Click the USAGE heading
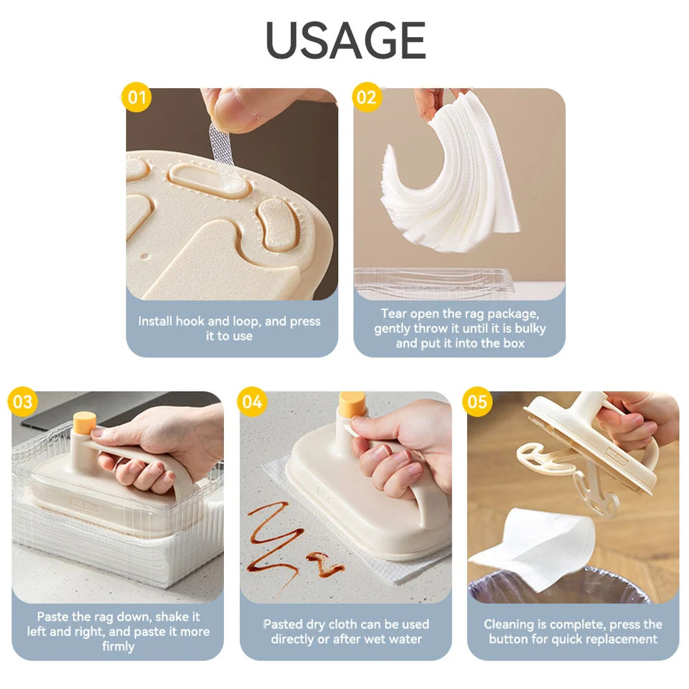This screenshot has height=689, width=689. click(345, 40)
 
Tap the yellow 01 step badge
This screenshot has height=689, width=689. click(136, 97)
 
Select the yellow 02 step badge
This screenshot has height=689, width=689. click(367, 97)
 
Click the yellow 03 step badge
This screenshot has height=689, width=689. click(23, 402)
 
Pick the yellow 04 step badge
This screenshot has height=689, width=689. click(252, 402)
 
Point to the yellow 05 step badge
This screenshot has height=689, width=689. click(477, 402)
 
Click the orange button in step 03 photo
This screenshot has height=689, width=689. click(85, 423)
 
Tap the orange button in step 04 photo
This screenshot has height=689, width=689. click(352, 403)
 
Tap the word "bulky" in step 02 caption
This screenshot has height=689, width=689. click(530, 329)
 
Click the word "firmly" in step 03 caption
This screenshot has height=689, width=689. click(118, 647)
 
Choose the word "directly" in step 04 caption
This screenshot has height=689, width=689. click(292, 639)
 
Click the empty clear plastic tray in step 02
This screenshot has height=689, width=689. click(434, 281)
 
